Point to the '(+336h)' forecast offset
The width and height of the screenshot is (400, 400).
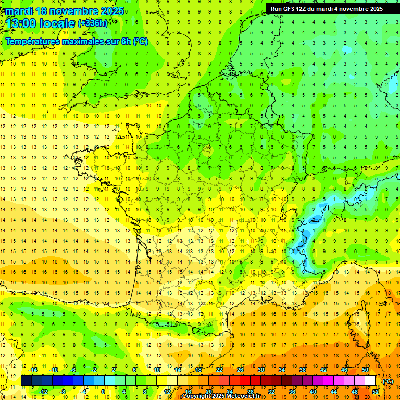(93, 23)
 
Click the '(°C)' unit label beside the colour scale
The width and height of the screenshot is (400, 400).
(388, 381)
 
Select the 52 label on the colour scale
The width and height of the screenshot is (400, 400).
(375, 392)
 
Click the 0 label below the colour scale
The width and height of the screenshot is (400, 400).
(103, 392)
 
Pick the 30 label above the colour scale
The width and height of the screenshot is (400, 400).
(260, 370)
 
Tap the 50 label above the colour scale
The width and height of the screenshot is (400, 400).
(365, 370)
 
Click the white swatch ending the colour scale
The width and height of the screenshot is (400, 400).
(370, 381)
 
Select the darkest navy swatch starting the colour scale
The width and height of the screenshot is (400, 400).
(26, 381)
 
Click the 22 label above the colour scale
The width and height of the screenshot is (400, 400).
(219, 370)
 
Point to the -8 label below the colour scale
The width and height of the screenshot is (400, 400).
(64, 392)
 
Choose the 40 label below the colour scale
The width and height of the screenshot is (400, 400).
(312, 392)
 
